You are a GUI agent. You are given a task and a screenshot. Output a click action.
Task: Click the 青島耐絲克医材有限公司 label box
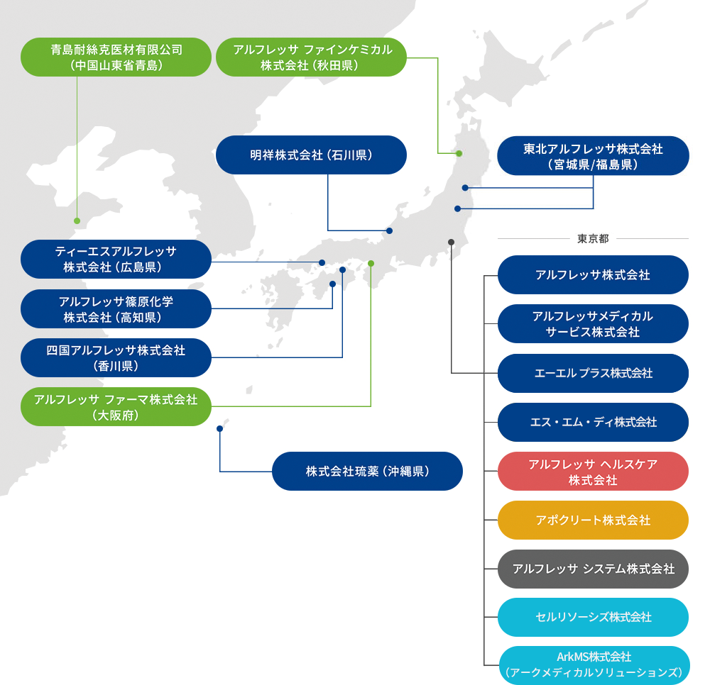(x=116, y=57)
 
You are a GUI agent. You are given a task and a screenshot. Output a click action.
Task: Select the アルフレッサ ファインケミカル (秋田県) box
(x=311, y=57)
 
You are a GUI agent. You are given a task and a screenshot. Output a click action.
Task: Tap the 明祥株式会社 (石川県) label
(x=311, y=155)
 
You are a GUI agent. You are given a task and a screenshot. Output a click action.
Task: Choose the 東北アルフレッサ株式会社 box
(x=593, y=156)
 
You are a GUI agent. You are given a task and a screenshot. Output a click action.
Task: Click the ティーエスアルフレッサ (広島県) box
(x=116, y=259)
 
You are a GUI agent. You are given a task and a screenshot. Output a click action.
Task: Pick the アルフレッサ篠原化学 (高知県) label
(x=116, y=309)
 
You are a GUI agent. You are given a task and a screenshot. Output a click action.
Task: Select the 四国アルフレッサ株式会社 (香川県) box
(x=116, y=357)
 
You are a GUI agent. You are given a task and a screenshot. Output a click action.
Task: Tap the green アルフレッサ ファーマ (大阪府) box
(x=116, y=406)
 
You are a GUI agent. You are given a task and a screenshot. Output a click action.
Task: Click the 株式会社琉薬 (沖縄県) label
(x=367, y=471)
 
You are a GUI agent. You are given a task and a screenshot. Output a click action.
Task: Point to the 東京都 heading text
(x=593, y=239)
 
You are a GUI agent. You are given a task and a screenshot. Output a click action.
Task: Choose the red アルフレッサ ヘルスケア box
(x=593, y=472)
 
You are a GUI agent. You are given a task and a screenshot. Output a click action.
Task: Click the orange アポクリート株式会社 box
(x=593, y=520)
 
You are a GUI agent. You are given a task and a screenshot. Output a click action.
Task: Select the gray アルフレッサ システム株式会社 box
(x=593, y=569)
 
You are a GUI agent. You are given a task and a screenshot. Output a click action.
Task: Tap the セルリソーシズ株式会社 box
(x=593, y=617)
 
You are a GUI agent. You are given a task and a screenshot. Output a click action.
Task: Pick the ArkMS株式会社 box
(x=593, y=665)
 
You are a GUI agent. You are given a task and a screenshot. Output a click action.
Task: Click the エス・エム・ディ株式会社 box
(x=593, y=423)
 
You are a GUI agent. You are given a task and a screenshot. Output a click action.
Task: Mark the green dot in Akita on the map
(x=459, y=153)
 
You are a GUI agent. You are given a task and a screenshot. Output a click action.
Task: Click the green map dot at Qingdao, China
(x=77, y=221)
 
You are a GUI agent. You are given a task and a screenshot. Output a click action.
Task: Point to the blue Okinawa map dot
(x=219, y=428)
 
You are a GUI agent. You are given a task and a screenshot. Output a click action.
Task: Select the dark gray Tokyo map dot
(x=451, y=243)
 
